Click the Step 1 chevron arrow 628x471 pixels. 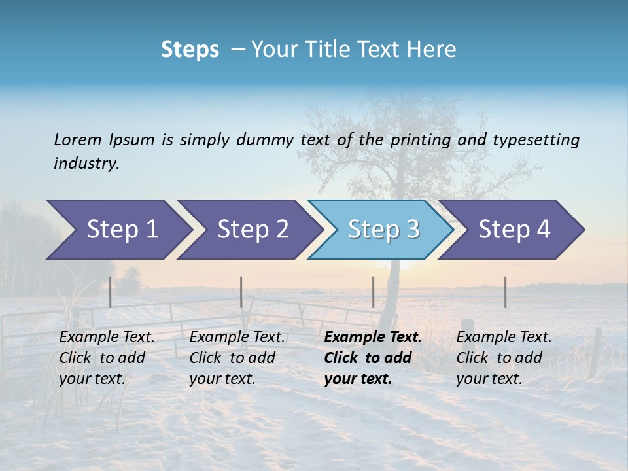[x=118, y=230]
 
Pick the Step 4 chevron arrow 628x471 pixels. [x=513, y=230]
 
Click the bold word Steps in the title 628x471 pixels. [x=190, y=50]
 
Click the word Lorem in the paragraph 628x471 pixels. [x=78, y=139]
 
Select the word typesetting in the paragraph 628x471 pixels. [x=536, y=139]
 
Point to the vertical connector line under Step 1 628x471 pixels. [x=111, y=292]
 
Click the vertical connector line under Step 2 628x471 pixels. [x=241, y=292]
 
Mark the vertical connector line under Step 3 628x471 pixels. [x=373, y=292]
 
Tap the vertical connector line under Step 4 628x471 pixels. [x=505, y=292]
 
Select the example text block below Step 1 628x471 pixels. [x=107, y=358]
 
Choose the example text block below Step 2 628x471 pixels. [x=237, y=358]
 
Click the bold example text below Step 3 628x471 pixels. [x=373, y=358]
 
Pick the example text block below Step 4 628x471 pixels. [x=504, y=358]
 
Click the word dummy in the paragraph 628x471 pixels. [x=266, y=139]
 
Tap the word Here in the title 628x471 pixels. [x=434, y=50]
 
